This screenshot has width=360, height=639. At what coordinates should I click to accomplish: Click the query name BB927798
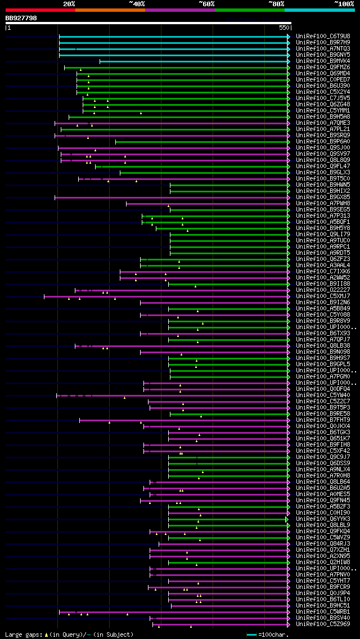(x=21, y=18)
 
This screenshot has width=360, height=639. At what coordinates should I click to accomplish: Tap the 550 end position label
(x=283, y=28)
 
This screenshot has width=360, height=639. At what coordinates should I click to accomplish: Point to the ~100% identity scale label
(x=344, y=3)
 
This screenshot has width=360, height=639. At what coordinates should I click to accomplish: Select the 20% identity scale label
(x=69, y=3)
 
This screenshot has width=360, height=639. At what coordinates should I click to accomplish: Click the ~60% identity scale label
(x=206, y=3)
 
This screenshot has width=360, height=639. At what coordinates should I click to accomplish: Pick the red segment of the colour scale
(x=40, y=10)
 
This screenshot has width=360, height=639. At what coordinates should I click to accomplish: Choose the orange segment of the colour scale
(x=110, y=10)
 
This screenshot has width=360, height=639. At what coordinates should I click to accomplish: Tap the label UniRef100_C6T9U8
(x=323, y=36)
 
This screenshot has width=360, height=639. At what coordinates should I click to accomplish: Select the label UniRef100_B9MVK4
(x=323, y=61)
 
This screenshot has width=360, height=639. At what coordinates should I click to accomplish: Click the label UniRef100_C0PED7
(x=323, y=79)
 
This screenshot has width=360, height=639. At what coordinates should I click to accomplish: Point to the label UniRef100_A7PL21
(x=323, y=129)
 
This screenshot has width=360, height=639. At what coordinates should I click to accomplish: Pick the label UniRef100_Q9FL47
(x=323, y=166)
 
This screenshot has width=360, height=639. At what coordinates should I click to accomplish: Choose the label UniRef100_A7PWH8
(x=323, y=203)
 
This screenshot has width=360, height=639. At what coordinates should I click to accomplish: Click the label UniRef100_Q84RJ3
(x=323, y=543)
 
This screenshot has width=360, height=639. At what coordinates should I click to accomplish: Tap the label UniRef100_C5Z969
(x=323, y=624)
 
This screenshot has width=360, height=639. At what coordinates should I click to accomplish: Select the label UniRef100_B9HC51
(x=323, y=605)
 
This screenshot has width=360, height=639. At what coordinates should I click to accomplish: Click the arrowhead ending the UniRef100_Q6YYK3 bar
(x=287, y=519)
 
